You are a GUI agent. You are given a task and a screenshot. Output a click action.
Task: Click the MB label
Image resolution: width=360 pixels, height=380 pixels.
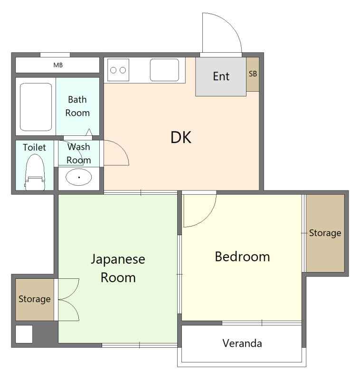pos(58,65)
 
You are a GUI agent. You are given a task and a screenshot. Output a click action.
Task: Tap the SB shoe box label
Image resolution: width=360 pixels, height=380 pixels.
pos(253,74)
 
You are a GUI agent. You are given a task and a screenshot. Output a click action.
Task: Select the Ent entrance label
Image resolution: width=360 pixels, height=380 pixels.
pos(221,76)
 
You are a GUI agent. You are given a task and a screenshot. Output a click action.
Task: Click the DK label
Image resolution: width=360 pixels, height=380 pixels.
pos(181,137)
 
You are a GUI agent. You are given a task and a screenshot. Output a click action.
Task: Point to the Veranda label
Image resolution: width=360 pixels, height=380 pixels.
pos(242,343)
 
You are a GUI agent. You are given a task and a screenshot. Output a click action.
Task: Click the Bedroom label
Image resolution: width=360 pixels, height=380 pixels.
pos(242,256)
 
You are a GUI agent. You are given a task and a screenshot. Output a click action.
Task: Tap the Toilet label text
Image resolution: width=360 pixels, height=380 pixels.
pos(34,147)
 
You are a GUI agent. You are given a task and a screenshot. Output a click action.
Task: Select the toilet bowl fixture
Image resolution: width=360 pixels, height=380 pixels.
pos(35,172)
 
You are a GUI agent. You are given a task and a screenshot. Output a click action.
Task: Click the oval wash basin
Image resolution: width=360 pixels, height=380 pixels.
pos(79,177)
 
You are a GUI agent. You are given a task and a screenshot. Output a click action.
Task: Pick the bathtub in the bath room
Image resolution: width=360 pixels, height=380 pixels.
pos(36,107)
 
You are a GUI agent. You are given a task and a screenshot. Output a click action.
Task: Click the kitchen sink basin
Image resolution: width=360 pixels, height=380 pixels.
pos(164,70)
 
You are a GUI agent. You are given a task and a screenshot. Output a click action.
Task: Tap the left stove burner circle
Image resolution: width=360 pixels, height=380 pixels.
pos(113,70)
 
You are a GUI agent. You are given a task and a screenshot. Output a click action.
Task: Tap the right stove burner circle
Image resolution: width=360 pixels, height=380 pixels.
pos(123,70)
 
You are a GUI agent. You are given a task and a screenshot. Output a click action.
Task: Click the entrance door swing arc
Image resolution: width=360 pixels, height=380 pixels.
pos(230,24)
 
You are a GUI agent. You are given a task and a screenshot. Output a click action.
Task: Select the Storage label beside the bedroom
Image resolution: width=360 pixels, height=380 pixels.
pos(325,233)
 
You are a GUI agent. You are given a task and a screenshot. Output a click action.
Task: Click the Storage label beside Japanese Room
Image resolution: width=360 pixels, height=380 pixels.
pos(34,299)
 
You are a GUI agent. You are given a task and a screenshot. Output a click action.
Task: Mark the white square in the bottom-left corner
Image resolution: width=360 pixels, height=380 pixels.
pos(24,334)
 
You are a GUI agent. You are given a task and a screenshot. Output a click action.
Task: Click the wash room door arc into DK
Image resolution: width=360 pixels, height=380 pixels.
pos(121,149)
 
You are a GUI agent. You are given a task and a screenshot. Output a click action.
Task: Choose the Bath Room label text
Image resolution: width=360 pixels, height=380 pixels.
pos(77,106)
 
